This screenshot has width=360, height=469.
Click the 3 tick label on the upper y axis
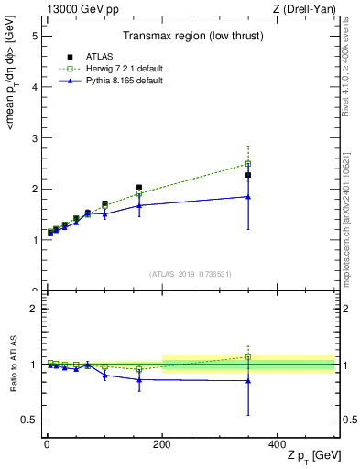click(34, 138)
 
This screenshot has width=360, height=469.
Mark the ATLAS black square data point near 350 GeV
click(248, 175)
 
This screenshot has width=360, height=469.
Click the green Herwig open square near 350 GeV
click(248, 164)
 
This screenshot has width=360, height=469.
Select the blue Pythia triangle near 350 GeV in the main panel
click(248, 196)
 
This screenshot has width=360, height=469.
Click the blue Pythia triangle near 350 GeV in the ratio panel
click(248, 381)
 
